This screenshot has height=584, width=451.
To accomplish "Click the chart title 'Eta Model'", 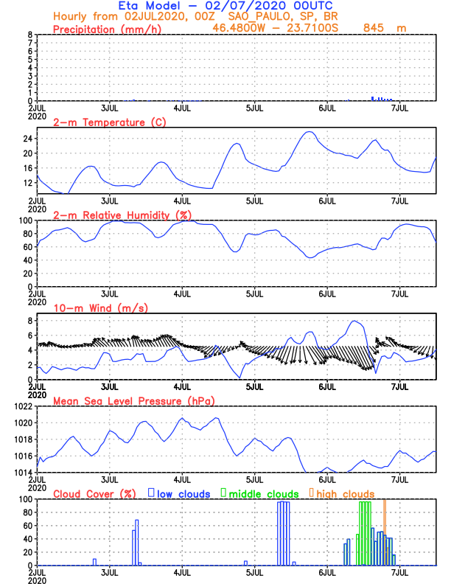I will coord(155,6).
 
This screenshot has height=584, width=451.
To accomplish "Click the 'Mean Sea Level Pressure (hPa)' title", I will coord(133,401).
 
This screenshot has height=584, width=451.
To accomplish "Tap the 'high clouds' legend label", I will coord(346,494).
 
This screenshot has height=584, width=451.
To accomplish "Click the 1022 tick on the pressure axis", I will coord(24,406).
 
